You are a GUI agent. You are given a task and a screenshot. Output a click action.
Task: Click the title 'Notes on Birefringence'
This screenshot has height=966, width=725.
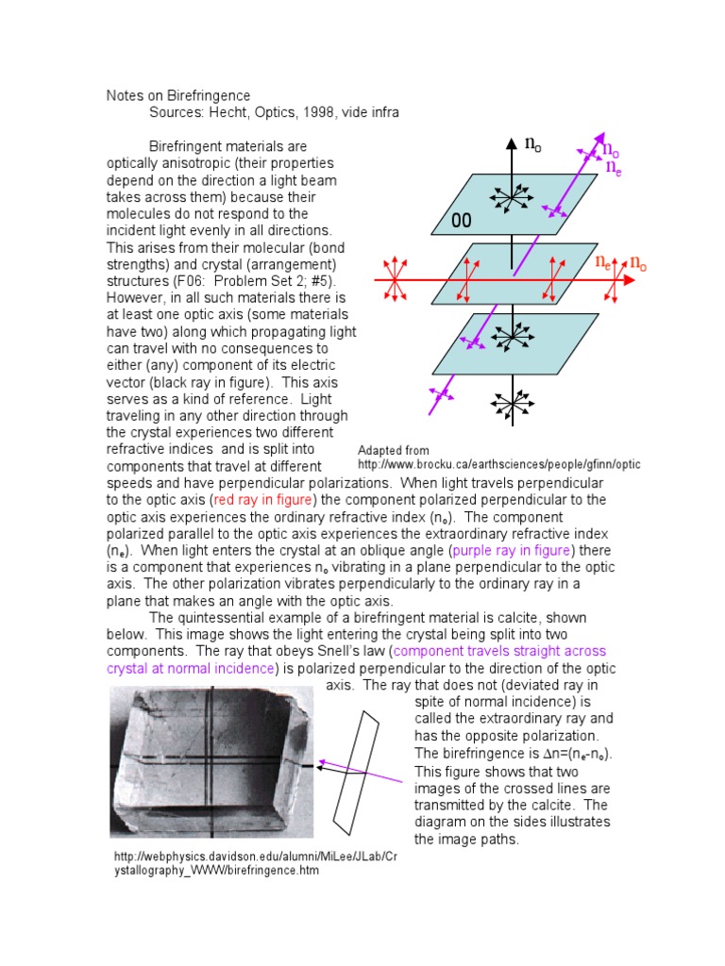pyautogui.click(x=177, y=95)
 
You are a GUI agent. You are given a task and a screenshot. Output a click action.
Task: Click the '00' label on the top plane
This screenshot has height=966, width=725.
pyautogui.click(x=462, y=221)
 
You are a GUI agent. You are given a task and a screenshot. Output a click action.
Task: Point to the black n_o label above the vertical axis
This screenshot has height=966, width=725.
pyautogui.click(x=533, y=144)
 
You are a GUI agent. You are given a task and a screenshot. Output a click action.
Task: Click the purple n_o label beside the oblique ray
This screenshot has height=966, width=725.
pyautogui.click(x=610, y=151)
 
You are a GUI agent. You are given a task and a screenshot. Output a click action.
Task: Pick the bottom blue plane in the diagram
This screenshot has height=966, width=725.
pyautogui.click(x=515, y=342)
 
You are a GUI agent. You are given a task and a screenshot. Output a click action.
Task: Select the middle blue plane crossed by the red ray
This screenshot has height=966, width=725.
pyautogui.click(x=515, y=275)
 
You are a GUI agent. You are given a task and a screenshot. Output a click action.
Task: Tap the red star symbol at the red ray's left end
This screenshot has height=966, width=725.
pyautogui.click(x=396, y=280)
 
